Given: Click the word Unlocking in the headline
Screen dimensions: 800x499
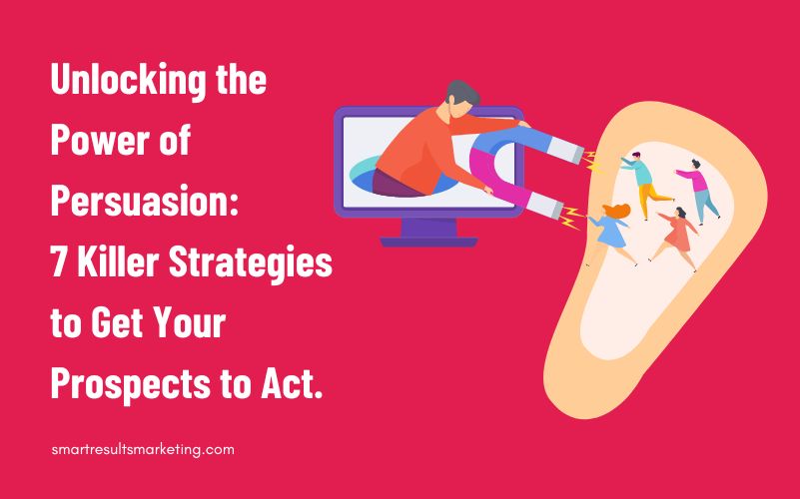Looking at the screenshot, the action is [x=129, y=81].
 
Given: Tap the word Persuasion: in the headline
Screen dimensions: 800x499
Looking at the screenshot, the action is [x=145, y=202].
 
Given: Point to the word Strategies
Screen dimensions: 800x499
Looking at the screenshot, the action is [x=251, y=263].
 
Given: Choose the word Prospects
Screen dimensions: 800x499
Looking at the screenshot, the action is [x=130, y=385].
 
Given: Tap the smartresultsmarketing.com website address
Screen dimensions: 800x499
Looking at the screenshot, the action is [x=143, y=450].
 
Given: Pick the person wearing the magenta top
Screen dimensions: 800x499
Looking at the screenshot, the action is [x=698, y=192].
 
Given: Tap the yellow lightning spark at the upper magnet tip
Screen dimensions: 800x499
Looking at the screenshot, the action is [x=593, y=162].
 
